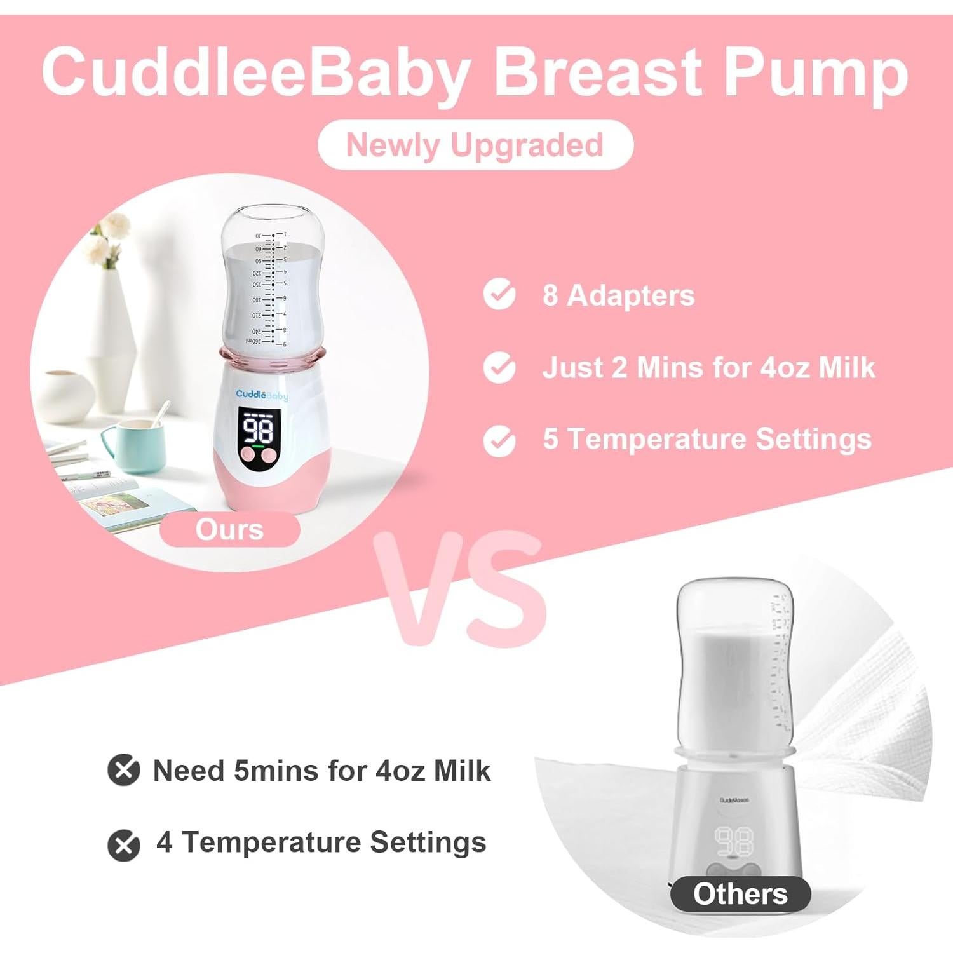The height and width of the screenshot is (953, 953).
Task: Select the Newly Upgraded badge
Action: point(475,145)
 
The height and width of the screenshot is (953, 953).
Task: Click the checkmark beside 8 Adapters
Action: point(499,294)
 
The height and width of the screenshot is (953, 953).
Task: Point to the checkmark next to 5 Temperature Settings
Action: point(499,440)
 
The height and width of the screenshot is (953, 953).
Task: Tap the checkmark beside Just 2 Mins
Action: point(499,367)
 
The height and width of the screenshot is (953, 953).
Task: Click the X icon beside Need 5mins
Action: point(123,770)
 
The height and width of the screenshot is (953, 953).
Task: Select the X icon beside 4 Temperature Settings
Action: point(123,845)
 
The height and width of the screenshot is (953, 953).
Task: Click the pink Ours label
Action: point(229,529)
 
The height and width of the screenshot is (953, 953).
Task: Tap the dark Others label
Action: point(740,894)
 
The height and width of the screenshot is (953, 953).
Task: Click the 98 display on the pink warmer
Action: point(259,430)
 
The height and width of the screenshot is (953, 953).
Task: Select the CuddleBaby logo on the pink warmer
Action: point(262,395)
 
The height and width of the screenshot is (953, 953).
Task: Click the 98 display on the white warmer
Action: point(735,842)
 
